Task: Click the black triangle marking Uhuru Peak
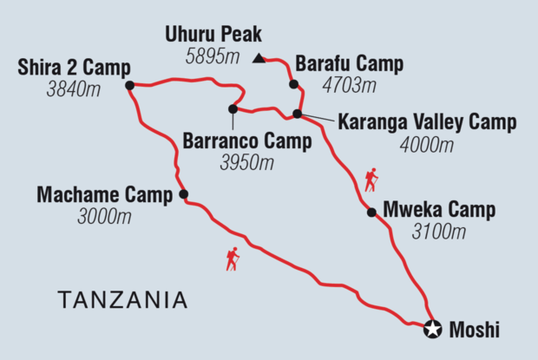point(259,60)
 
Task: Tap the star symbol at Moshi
point(433,329)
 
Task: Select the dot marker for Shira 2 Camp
point(129,85)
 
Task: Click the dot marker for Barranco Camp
point(233,108)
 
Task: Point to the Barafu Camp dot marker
point(293,84)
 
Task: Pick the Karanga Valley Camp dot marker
point(297,114)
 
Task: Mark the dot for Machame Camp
point(183,194)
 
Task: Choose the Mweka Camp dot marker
point(371,212)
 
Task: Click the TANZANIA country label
point(122,300)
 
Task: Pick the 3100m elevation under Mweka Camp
point(439,232)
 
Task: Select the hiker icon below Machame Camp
point(232,259)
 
